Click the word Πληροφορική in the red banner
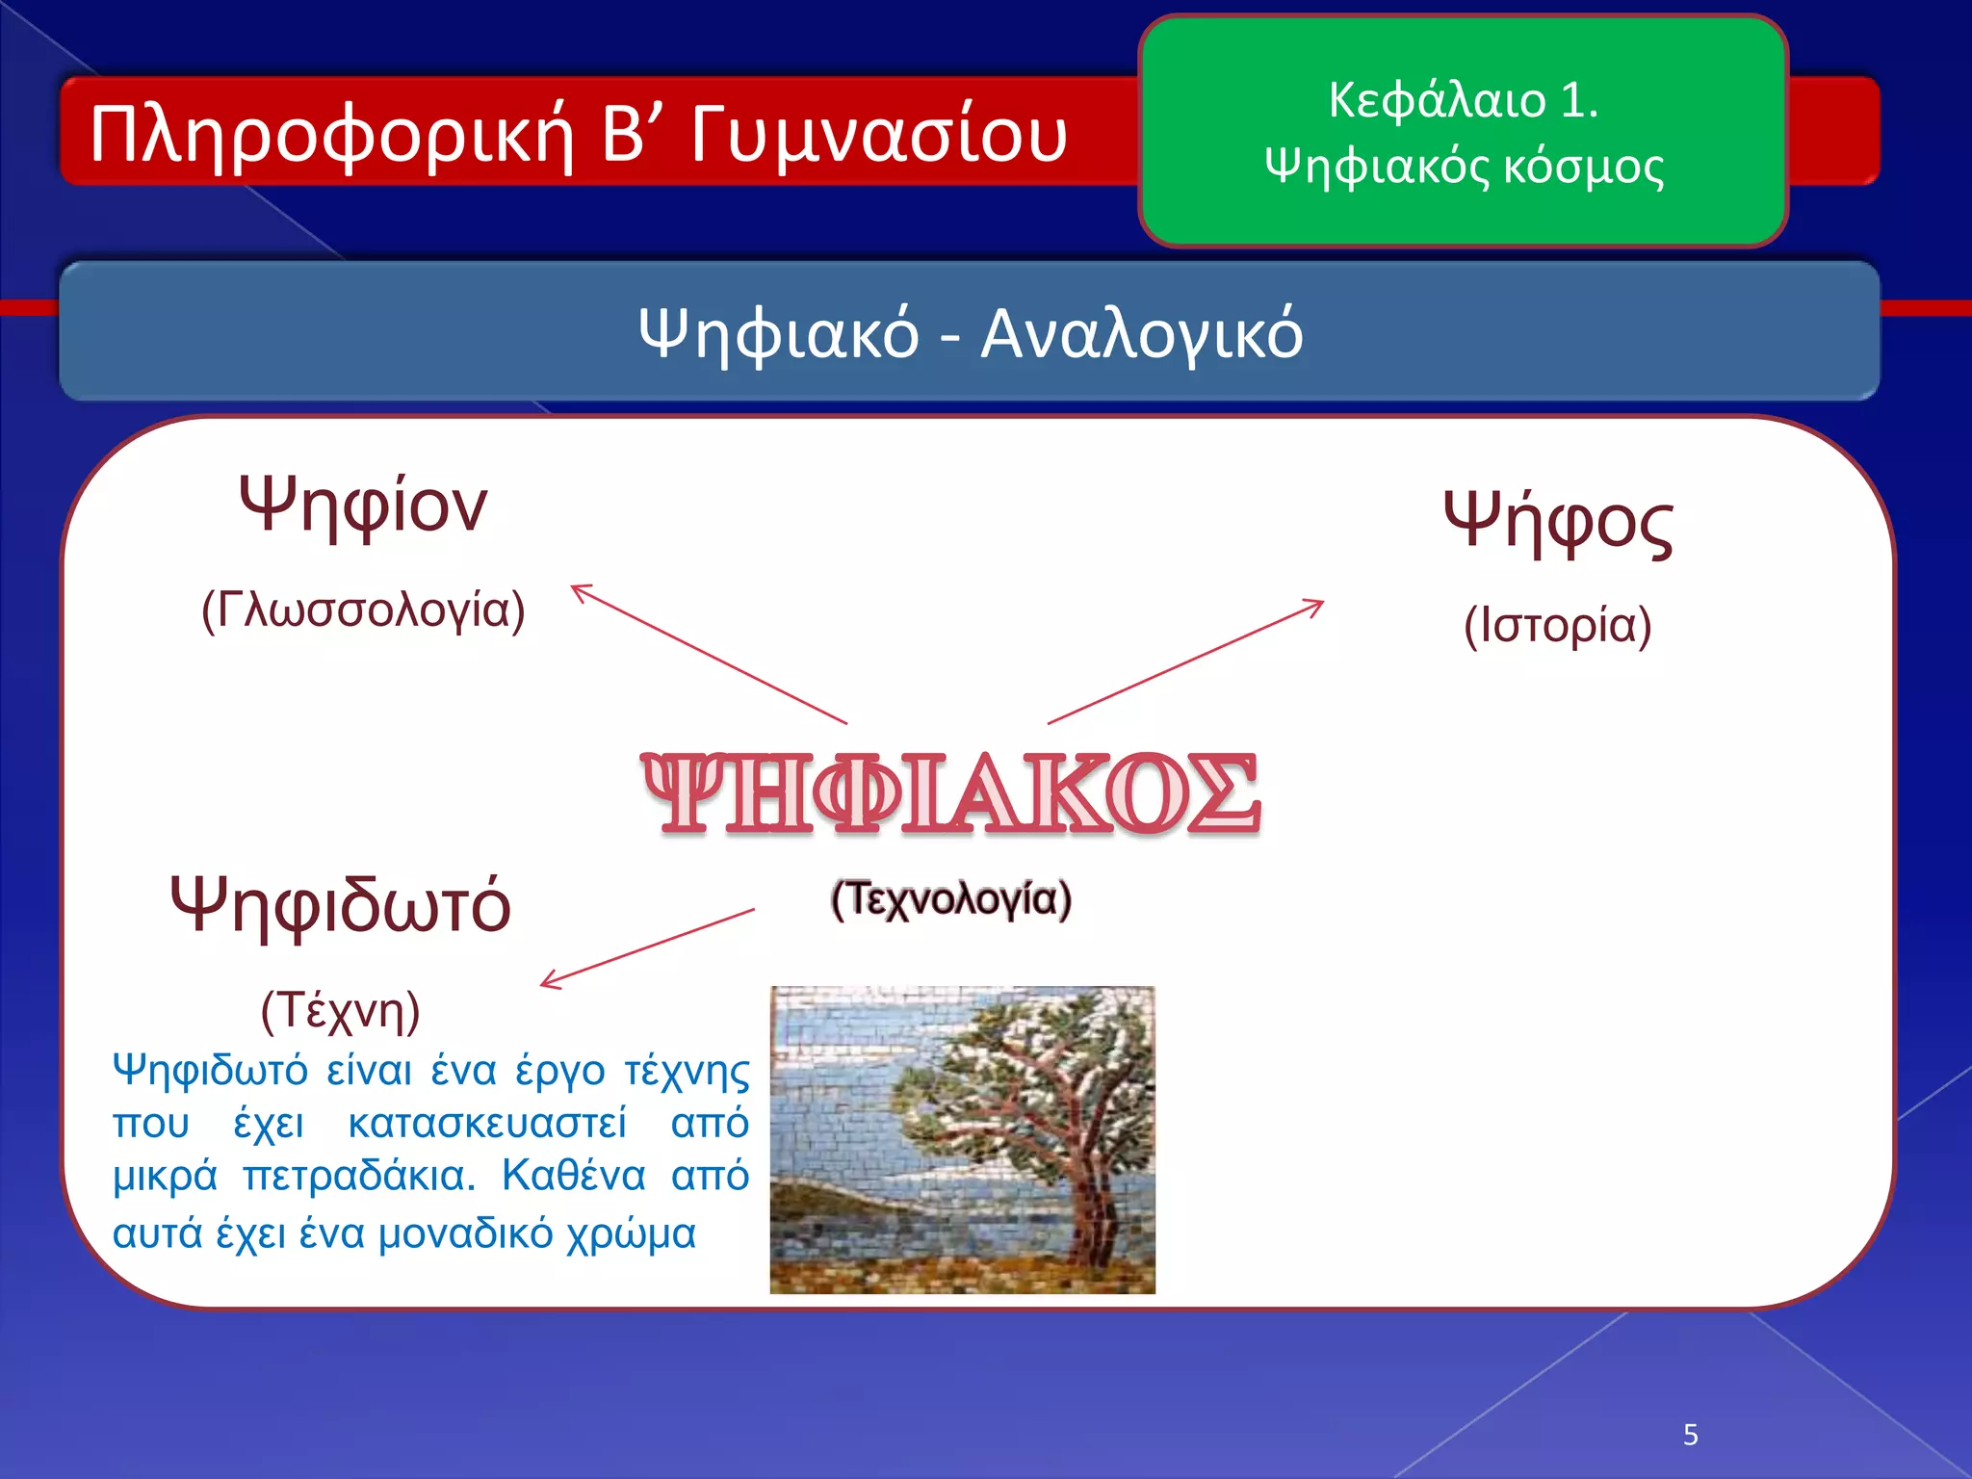pyautogui.click(x=331, y=135)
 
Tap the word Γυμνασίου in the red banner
pyautogui.click(x=878, y=135)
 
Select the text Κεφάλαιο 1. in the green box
pyautogui.click(x=1463, y=99)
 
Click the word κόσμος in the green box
pyautogui.click(x=1583, y=167)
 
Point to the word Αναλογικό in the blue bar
pyautogui.click(x=1141, y=334)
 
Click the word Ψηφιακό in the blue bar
pyautogui.click(x=778, y=334)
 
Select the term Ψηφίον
pyautogui.click(x=363, y=506)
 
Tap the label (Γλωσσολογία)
pyautogui.click(x=363, y=610)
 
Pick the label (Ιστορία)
pyautogui.click(x=1558, y=626)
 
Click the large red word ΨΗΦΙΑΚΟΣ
pyautogui.click(x=950, y=793)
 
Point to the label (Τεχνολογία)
pyautogui.click(x=950, y=899)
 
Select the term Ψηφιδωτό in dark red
pyautogui.click(x=340, y=905)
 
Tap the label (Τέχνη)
pyautogui.click(x=340, y=1011)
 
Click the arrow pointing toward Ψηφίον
pyautogui.click(x=708, y=653)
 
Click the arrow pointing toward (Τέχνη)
pyautogui.click(x=647, y=947)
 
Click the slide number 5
pyautogui.click(x=1690, y=1435)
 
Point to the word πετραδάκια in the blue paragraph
pyautogui.click(x=358, y=1177)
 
